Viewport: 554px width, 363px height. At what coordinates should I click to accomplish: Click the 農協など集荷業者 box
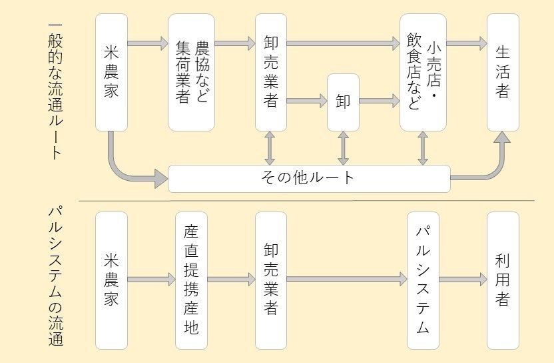coord(191,72)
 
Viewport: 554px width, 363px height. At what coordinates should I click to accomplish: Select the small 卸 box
coord(343,102)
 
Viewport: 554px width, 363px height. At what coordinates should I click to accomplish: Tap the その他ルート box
coord(309,178)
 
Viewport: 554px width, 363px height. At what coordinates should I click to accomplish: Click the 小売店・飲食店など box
coord(423,72)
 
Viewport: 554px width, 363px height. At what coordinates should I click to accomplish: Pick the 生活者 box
coord(503,72)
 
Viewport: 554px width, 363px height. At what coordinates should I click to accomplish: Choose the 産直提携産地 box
coord(191,280)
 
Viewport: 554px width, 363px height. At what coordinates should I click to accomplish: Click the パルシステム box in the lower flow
coord(423,280)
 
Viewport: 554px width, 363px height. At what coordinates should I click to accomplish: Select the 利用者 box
coord(503,280)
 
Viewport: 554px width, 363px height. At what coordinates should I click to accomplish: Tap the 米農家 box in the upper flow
coord(111,72)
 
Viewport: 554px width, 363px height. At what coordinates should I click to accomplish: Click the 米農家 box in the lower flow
coord(111,280)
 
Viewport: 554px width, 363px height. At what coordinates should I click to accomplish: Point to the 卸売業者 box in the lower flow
coord(271,280)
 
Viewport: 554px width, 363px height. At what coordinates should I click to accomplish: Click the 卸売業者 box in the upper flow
coord(271,72)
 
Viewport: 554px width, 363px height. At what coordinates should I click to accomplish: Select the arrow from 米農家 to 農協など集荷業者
coord(147,43)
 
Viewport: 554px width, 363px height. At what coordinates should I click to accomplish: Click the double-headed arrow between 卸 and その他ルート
coord(343,147)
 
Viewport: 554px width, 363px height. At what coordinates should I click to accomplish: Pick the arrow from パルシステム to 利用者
coord(463,280)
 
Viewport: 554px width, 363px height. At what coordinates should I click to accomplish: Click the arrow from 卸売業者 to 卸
coord(306,102)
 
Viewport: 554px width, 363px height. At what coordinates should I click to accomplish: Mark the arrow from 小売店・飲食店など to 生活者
coord(466,43)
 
